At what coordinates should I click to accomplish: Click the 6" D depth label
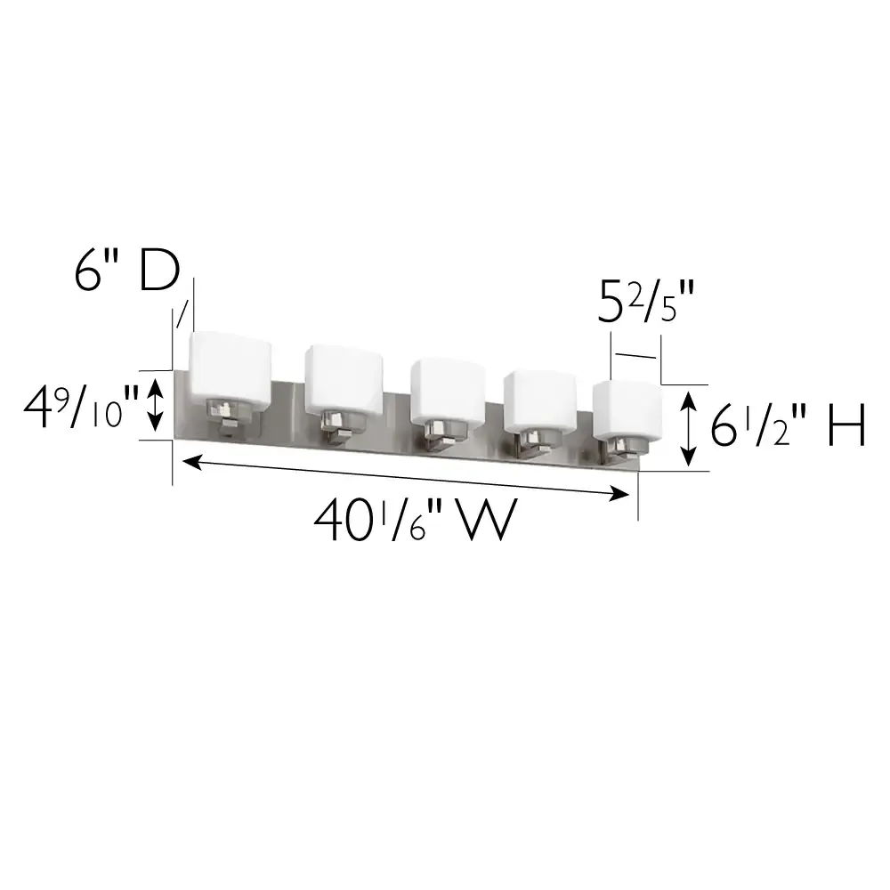point(126,272)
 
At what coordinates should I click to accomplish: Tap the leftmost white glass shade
point(231,366)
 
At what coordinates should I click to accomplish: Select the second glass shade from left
point(344,379)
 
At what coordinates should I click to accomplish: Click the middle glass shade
point(447,388)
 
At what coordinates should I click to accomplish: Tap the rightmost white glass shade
point(627,409)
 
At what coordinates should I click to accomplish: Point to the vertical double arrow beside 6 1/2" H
point(688,431)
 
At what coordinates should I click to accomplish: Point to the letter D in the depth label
point(160,272)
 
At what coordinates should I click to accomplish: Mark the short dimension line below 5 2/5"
point(635,356)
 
